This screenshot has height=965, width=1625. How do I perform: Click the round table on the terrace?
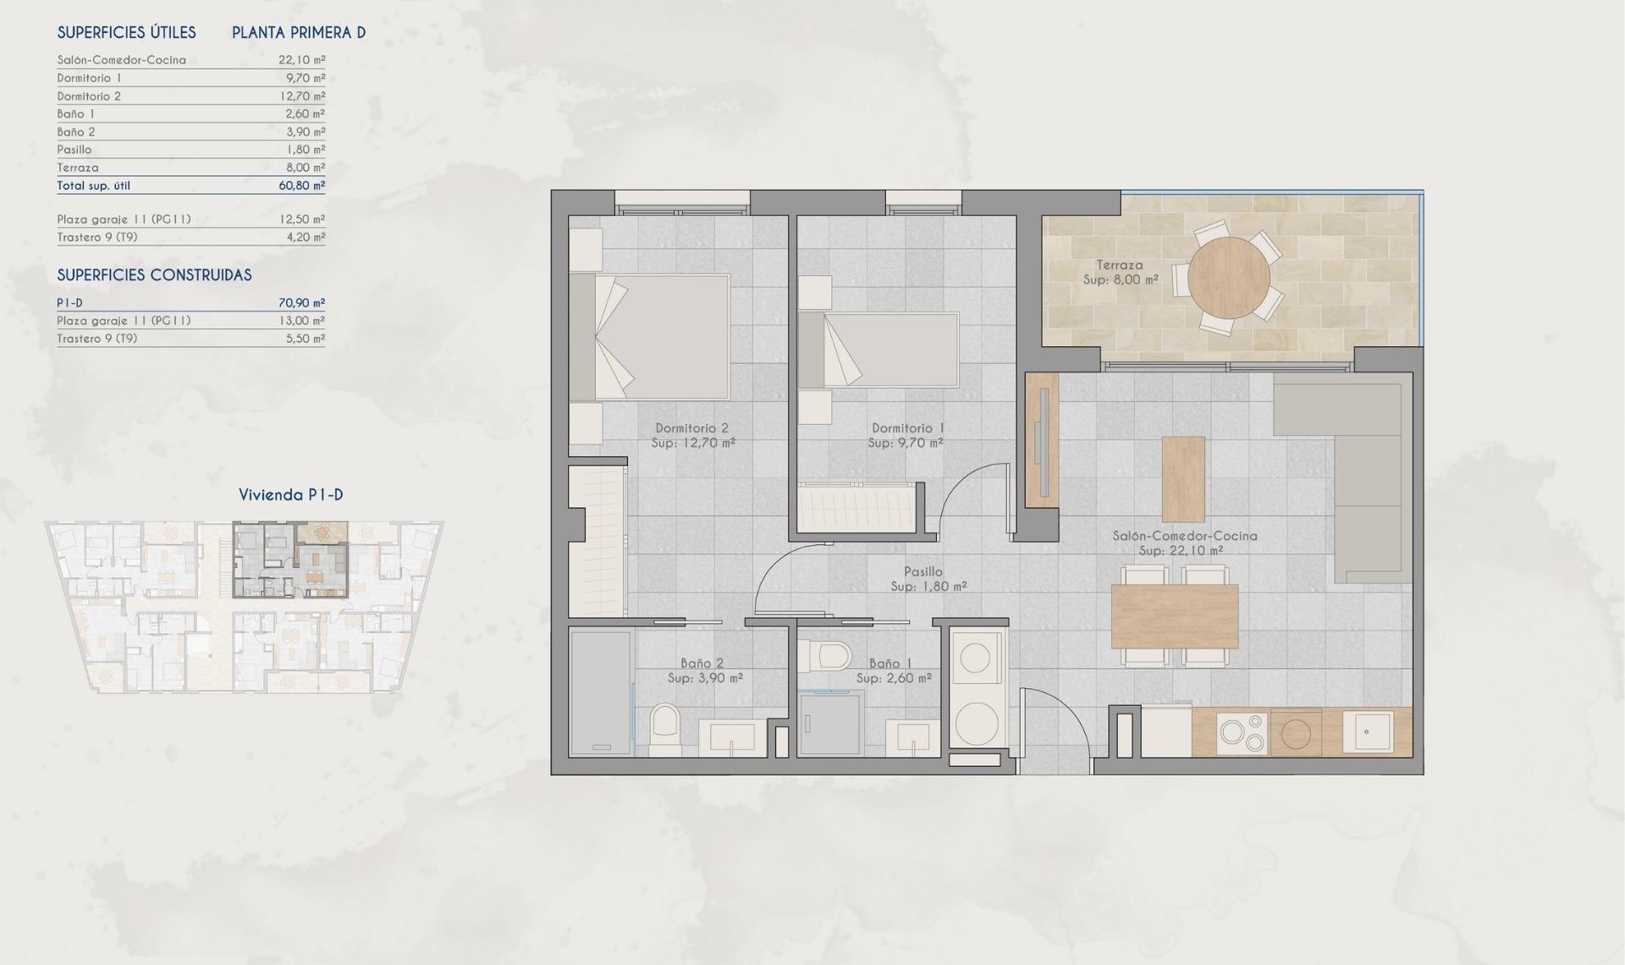[x=1228, y=277]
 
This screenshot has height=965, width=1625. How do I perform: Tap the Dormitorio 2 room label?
[x=691, y=428]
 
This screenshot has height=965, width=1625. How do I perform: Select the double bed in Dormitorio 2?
[x=660, y=337]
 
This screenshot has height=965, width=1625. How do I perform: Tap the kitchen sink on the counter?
[x=1368, y=731]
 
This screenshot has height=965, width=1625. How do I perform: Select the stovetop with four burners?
[x=1242, y=733]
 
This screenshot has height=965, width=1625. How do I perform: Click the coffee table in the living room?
[x=1182, y=479]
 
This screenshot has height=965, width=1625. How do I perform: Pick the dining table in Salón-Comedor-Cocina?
[x=1175, y=615]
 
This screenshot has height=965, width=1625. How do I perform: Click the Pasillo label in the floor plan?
[x=923, y=571]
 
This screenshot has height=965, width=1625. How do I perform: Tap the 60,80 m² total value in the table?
[x=301, y=185]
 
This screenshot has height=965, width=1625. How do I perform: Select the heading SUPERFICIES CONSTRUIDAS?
[x=154, y=275]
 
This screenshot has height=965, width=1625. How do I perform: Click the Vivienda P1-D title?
[x=290, y=495]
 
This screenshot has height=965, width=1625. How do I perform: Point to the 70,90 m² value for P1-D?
[x=301, y=303]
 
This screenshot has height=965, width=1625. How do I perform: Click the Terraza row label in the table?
[x=78, y=168]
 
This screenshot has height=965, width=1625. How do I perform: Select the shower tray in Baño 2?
[x=600, y=692]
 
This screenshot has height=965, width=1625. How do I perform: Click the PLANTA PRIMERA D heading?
[x=299, y=33]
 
